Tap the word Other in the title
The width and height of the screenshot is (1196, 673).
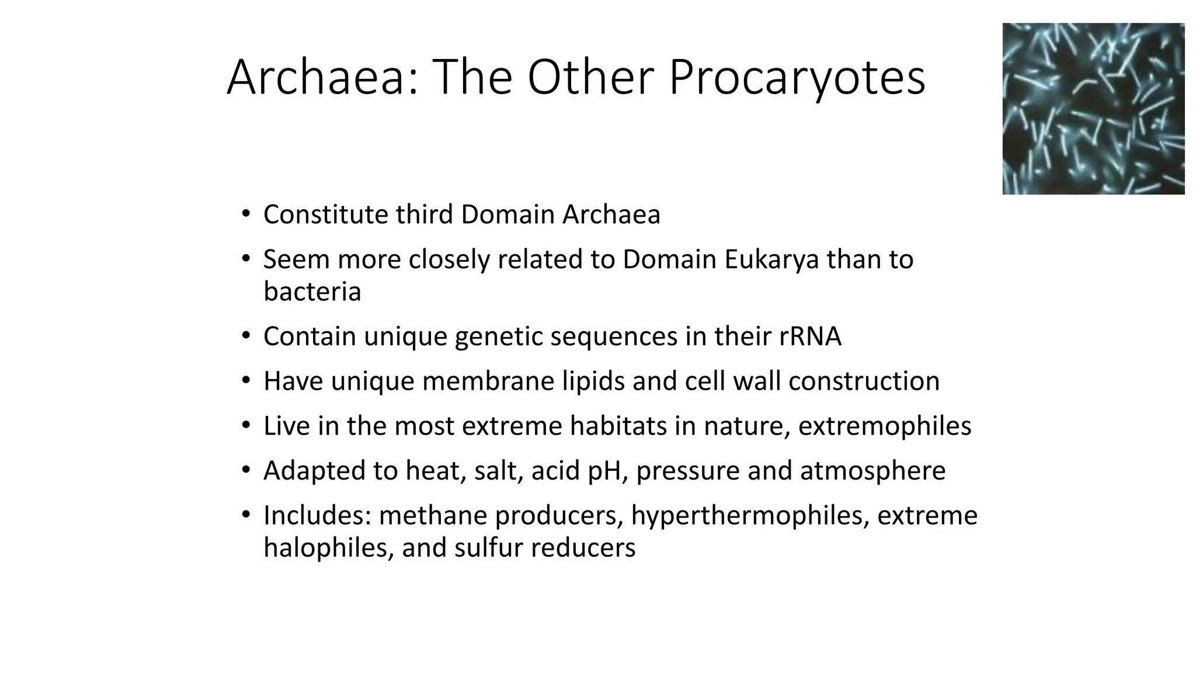pos(592,78)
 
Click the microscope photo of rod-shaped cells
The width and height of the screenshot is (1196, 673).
pos(1093,109)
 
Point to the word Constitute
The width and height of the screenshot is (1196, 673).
pos(326,214)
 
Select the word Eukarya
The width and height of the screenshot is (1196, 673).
pos(771,260)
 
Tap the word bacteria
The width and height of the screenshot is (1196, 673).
pos(312,292)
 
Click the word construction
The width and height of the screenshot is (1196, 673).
pos(864,381)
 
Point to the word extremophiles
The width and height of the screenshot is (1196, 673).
pos(884,426)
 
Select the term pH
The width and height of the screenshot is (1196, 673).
pos(608,471)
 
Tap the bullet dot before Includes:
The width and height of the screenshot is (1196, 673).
pos(246,515)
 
